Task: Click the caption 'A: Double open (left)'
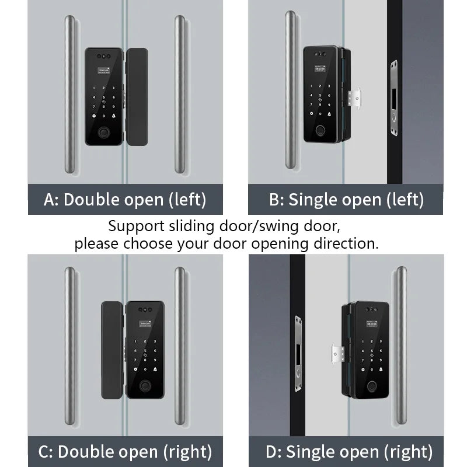(125, 200)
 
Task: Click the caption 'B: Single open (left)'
(346, 200)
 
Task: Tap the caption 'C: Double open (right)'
(125, 451)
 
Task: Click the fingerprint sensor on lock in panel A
(105, 133)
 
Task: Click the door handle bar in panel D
(400, 344)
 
